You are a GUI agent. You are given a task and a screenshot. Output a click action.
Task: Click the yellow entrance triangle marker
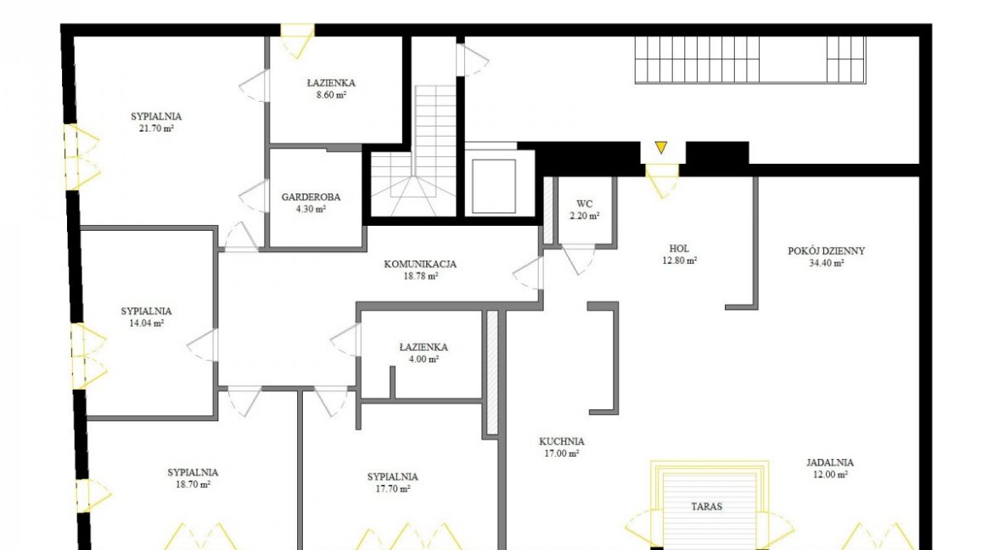point(661,148)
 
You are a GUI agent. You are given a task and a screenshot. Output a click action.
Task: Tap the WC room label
point(585,204)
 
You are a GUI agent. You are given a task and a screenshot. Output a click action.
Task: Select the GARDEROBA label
point(311,197)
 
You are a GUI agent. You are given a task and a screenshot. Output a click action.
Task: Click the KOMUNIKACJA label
point(420,264)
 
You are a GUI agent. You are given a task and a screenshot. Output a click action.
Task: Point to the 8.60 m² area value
point(331,95)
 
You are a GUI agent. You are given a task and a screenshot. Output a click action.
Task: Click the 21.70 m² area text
point(156,129)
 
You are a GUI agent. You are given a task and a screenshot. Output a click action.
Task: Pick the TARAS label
point(706,507)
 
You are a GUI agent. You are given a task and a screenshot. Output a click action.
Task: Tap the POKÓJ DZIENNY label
point(827,251)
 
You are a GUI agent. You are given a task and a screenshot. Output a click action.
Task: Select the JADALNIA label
point(829,463)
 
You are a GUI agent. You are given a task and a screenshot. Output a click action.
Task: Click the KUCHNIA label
point(562,441)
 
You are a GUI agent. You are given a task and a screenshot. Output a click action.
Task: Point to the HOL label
point(679,249)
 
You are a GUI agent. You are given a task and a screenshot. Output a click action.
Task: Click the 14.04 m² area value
point(146,323)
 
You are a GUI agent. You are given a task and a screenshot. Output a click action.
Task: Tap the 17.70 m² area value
point(393,489)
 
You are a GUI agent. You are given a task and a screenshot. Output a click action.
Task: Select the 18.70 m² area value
point(194,485)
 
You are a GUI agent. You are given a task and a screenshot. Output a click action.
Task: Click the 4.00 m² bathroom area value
point(424,359)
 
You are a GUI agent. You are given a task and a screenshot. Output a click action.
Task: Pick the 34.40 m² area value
point(827,263)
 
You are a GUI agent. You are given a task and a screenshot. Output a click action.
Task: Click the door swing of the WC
point(578,259)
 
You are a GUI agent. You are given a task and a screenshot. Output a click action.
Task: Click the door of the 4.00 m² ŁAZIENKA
point(345,340)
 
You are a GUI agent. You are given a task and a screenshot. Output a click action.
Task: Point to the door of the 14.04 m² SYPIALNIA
point(203,345)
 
